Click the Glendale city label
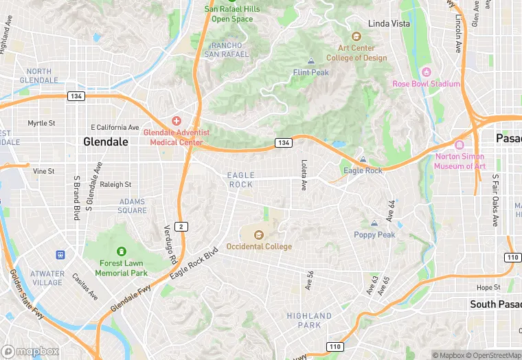tap(105, 142)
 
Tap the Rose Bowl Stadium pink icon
tap(426, 72)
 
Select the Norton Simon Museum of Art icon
tap(459, 146)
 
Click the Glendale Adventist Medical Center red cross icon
tap(177, 121)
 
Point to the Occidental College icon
tap(259, 235)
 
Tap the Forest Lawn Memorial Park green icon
tap(122, 252)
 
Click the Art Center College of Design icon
tap(356, 36)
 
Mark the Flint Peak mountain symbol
tap(311, 62)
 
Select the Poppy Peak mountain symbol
tap(374, 224)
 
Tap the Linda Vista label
tap(389, 23)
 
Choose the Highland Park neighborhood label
tap(309, 320)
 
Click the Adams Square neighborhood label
tap(132, 206)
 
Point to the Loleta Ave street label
tap(304, 175)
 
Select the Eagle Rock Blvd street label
tap(194, 263)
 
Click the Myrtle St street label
tap(41, 123)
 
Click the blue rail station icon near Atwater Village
tap(60, 255)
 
